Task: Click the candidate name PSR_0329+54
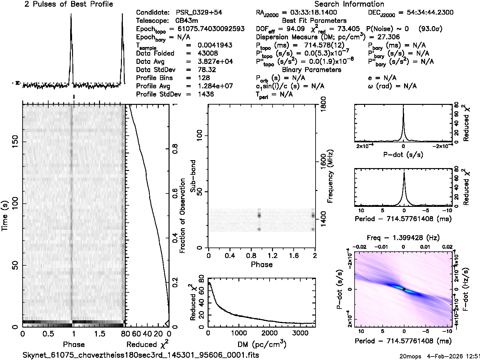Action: point(199,13)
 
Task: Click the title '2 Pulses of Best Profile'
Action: point(69,4)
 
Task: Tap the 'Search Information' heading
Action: point(349,4)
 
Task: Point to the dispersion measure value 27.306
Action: point(389,37)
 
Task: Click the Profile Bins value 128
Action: point(203,78)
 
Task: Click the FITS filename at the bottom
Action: point(141,355)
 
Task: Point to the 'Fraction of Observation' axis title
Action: point(182,216)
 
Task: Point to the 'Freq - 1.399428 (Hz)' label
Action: point(403,238)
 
